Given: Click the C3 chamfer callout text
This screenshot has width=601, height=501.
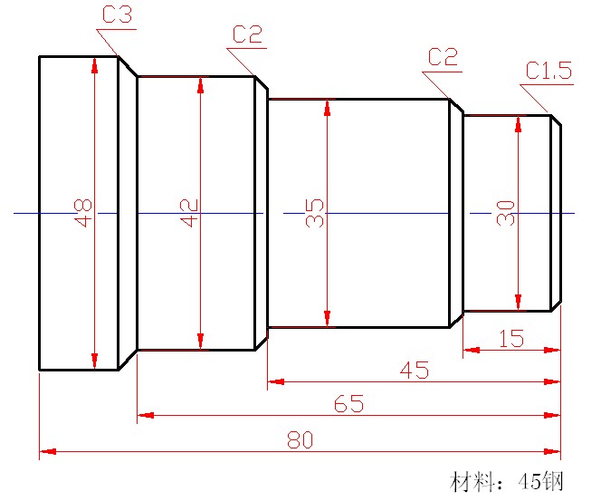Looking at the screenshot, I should pyautogui.click(x=117, y=15).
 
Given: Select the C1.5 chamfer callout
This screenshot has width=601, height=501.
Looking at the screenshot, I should pyautogui.click(x=549, y=72).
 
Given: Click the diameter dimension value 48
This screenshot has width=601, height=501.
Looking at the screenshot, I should pyautogui.click(x=84, y=213).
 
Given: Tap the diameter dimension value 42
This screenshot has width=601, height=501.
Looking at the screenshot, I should pyautogui.click(x=189, y=213).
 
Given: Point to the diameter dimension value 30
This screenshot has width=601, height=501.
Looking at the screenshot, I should pyautogui.click(x=506, y=213).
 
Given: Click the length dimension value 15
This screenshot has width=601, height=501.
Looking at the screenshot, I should pyautogui.click(x=511, y=339).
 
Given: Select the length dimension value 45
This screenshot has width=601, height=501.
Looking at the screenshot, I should pyautogui.click(x=415, y=371).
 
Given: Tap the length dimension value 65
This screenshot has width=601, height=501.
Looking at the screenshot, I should pyautogui.click(x=348, y=404).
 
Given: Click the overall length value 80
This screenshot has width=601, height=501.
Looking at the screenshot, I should pyautogui.click(x=300, y=439).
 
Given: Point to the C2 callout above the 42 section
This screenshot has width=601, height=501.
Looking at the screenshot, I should pyautogui.click(x=247, y=35).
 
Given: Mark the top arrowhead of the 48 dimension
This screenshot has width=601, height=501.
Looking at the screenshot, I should pyautogui.click(x=94, y=63).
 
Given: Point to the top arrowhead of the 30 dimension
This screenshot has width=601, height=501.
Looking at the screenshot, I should pyautogui.click(x=518, y=121).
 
